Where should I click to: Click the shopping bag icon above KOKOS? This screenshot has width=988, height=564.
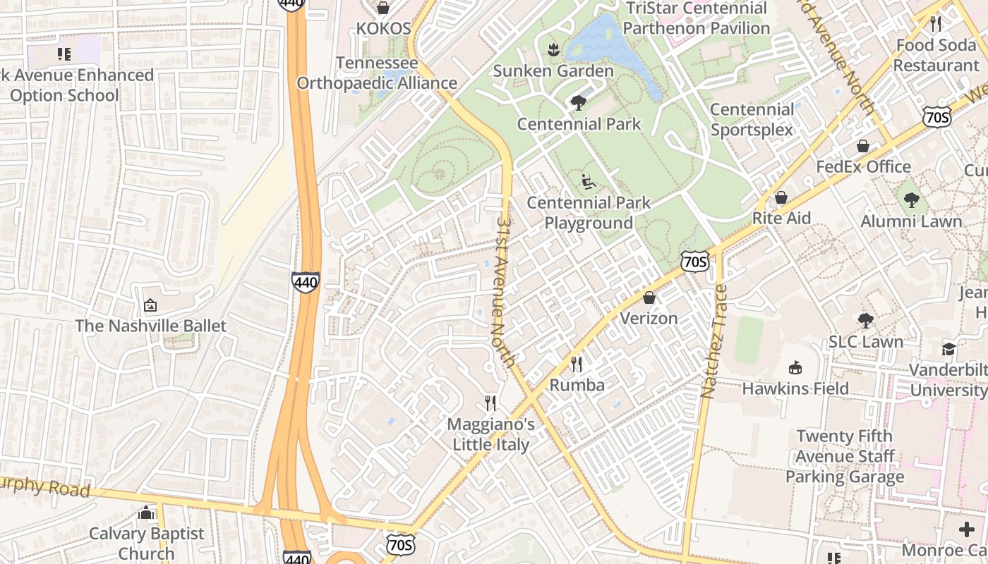coord(383,8)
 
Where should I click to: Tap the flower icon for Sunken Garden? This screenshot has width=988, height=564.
coord(553,50)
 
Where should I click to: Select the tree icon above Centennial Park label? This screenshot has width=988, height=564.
coord(579,103)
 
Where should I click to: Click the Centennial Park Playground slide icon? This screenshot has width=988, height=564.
coord(588,182)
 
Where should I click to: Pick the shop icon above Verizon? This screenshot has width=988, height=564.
coord(649,298)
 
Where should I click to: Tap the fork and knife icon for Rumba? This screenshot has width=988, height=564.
coord(577,364)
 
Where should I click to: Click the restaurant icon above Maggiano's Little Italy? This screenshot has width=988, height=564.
coord(490,403)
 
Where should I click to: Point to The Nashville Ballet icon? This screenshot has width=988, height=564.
coord(150,305)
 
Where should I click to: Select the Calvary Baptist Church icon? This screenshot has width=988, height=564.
coord(147,513)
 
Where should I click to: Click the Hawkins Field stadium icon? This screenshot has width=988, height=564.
coord(795,367)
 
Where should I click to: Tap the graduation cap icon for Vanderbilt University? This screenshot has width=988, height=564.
coord(948,349)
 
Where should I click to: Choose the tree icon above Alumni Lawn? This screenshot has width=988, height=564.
coord(911,200)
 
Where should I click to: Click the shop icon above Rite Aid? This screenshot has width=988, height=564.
coord(781,197)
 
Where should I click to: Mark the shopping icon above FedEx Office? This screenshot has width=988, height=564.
coord(862,146)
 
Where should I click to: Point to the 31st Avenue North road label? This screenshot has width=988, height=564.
coord(505,290)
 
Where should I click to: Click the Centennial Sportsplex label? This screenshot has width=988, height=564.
coord(752,119)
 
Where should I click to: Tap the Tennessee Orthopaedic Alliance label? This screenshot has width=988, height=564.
coord(377,73)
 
